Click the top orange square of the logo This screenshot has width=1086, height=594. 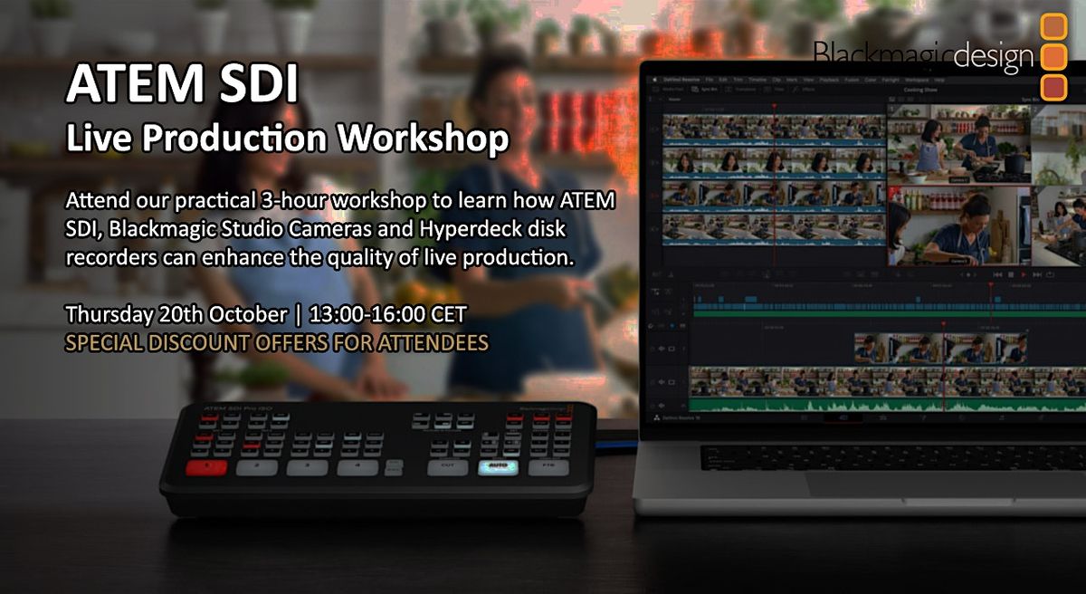[1053, 26]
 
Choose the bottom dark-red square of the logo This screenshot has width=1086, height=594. [1053, 87]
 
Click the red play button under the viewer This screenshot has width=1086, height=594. [1023, 273]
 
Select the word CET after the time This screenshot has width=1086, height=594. [449, 315]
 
